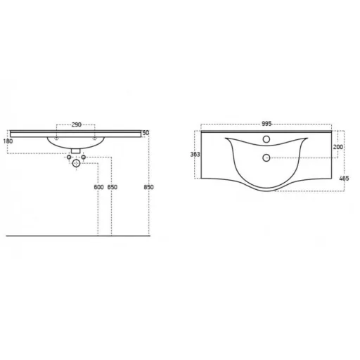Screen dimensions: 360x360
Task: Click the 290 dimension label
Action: coord(77,124)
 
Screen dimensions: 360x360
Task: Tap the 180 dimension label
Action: coord(8,141)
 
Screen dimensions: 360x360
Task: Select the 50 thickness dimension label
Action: coord(146,133)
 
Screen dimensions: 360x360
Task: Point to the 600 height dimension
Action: coord(98,187)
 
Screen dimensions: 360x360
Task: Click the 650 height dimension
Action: coord(112,187)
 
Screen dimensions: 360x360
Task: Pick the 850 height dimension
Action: coord(148,187)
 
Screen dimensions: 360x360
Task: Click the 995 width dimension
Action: coord(266,124)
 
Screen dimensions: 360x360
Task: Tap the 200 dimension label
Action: coord(338,147)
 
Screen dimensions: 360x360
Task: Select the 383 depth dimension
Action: coord(195,154)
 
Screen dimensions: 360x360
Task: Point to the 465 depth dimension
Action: coord(344,179)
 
